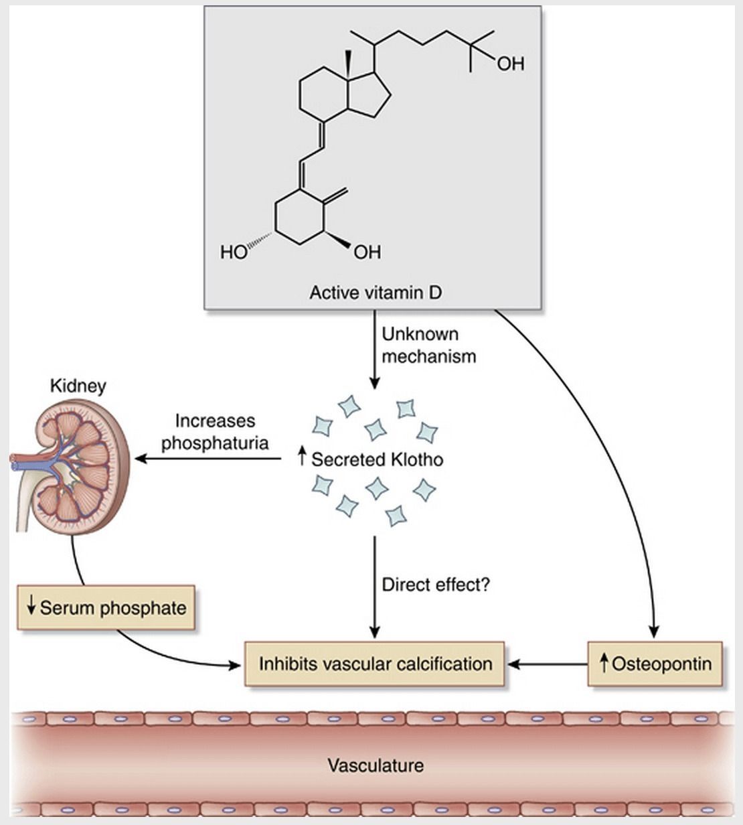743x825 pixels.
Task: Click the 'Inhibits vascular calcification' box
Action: point(375,664)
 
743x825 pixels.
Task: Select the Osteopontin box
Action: point(655,664)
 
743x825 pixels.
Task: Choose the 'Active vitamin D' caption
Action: point(376,293)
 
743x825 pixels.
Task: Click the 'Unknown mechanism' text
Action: point(428,345)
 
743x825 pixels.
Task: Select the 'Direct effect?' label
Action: point(436,585)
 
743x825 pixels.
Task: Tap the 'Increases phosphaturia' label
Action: point(215,432)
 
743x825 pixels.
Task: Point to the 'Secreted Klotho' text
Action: point(377,459)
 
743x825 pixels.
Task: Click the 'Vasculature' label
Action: point(376,765)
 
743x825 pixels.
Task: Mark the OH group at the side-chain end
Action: point(510,64)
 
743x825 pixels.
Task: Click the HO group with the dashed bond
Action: point(234,252)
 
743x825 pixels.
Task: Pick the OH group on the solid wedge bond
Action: point(367,252)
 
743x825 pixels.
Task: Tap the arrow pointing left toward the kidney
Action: point(208,459)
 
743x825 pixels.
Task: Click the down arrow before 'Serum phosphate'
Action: point(30,607)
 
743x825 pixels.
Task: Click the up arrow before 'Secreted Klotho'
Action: point(302,459)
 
